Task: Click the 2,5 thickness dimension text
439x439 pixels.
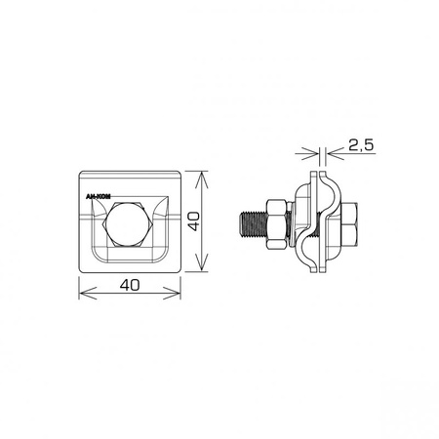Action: tap(361, 145)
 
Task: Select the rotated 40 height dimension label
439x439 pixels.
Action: tap(194, 221)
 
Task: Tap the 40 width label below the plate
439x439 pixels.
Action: tap(130, 285)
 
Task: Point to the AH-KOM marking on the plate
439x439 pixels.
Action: tap(98, 197)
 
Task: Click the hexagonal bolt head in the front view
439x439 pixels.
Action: tap(127, 224)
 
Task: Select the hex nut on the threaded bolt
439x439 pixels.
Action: tap(277, 225)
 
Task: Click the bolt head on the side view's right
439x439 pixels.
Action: tap(348, 224)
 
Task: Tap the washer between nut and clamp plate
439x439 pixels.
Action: tap(292, 224)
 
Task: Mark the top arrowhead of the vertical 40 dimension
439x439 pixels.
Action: tap(202, 179)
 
